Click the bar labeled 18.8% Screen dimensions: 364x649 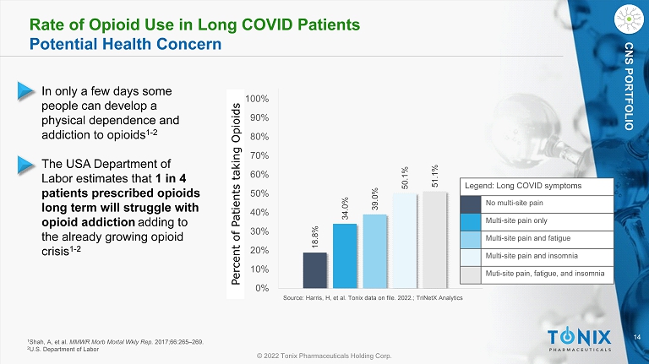coord(314,269)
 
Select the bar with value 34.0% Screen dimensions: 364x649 coord(344,255)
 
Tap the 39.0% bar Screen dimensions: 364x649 coord(374,251)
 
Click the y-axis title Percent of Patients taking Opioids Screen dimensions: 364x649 coord(237,193)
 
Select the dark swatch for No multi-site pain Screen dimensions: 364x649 coord(470,203)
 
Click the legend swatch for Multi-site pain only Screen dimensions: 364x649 coord(470,221)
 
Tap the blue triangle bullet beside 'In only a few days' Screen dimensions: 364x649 coord(28,89)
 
